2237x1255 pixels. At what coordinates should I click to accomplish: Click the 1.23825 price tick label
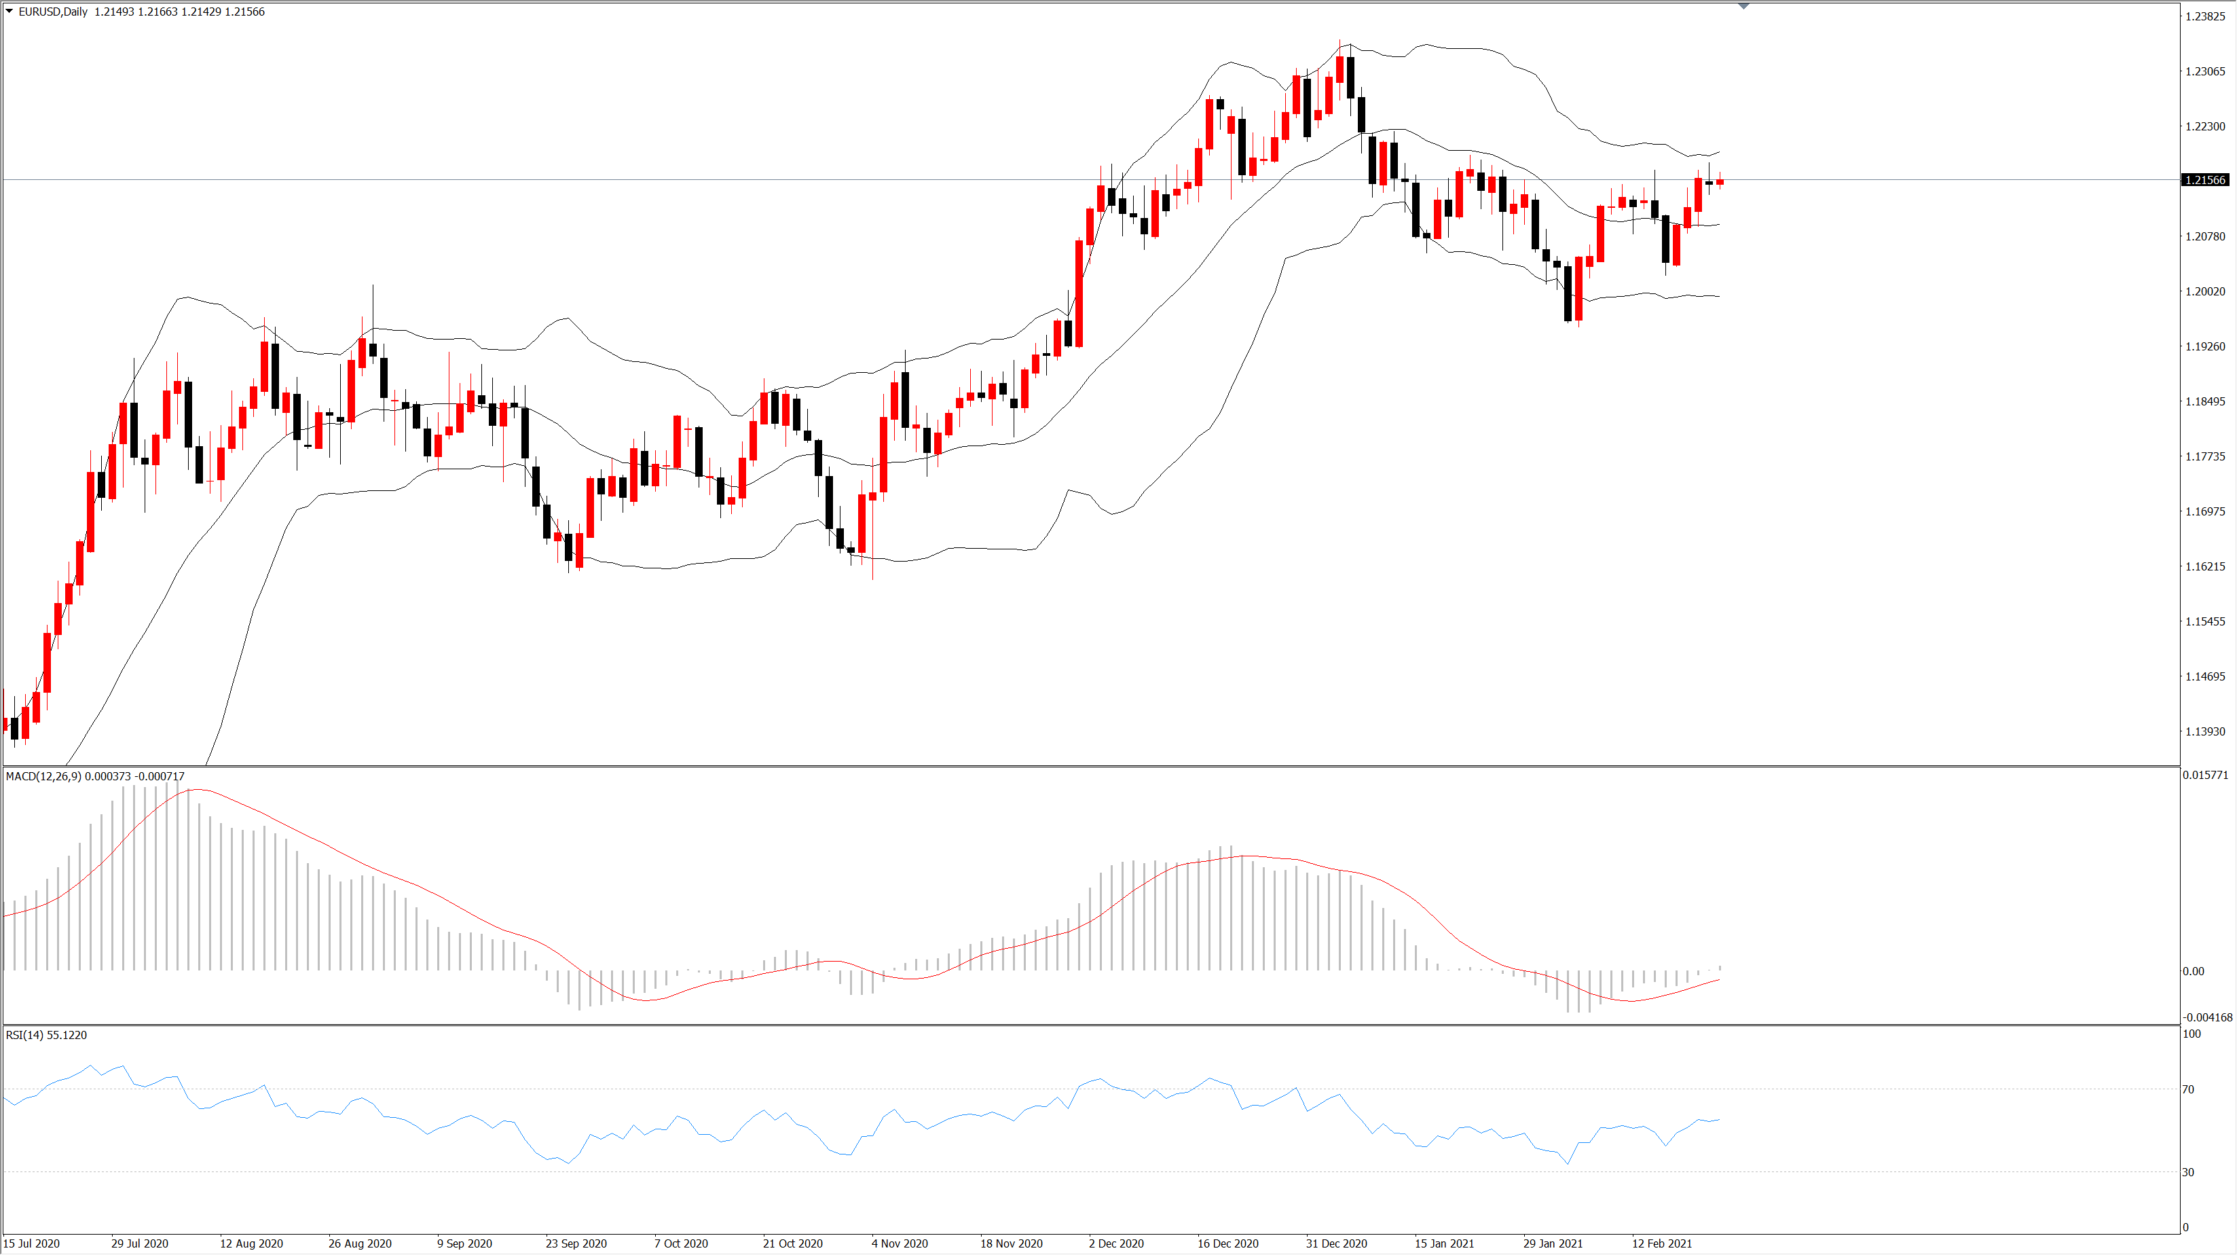tap(2205, 16)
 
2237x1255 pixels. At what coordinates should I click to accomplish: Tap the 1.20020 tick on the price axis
tap(2205, 291)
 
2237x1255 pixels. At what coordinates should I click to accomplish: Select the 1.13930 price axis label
tap(2205, 731)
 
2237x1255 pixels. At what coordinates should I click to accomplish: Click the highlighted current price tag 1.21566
tap(2205, 180)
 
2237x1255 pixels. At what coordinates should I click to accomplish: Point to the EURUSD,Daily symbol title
tap(53, 12)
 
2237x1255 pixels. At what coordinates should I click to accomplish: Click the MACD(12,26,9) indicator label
tap(43, 776)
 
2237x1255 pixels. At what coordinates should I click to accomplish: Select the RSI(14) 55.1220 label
tap(46, 1035)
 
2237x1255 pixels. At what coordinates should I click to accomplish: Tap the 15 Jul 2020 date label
tap(31, 1243)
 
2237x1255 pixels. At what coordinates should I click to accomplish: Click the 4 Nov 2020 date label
tap(900, 1243)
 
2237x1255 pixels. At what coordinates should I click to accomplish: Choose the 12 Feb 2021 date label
tap(1661, 1243)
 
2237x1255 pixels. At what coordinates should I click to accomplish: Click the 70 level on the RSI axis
tap(2188, 1089)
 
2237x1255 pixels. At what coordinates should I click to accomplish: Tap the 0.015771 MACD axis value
tap(2205, 775)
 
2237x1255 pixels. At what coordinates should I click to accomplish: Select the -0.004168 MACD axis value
tap(2206, 1017)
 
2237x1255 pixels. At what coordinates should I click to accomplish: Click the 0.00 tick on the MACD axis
tap(2193, 971)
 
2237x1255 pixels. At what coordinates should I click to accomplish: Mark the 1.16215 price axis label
tap(2205, 566)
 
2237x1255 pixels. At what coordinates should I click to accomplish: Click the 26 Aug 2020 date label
tap(360, 1243)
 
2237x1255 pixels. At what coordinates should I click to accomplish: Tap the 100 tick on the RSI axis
tap(2192, 1034)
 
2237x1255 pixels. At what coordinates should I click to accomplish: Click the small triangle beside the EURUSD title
tap(10, 12)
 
